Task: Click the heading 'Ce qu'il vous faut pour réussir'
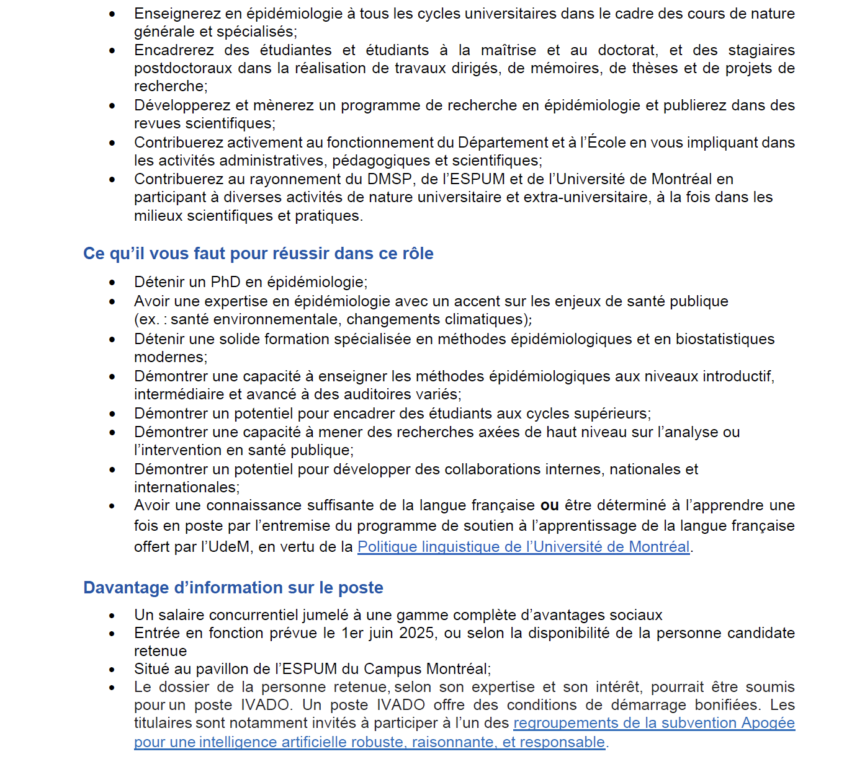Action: [x=258, y=254]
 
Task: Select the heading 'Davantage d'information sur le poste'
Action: [x=233, y=588]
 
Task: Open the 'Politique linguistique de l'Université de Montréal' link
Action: [x=523, y=547]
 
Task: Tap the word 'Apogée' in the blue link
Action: [x=768, y=723]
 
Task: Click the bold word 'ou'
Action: [x=549, y=506]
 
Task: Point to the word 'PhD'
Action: [x=225, y=282]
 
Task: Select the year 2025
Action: [x=417, y=633]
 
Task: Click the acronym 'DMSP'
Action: [x=389, y=179]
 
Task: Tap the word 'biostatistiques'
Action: [x=725, y=339]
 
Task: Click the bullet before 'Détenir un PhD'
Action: [x=112, y=283]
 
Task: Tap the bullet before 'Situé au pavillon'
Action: [x=112, y=670]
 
